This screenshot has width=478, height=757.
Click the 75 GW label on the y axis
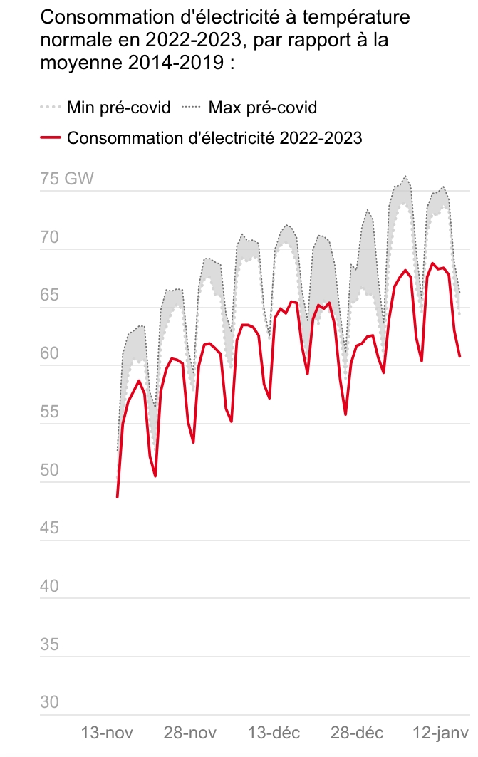pos(67,179)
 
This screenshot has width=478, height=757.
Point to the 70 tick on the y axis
pos(50,237)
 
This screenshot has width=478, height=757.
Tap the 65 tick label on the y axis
pos(50,296)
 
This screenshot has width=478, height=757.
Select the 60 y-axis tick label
pos(50,354)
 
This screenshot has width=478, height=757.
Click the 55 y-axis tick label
pos(50,412)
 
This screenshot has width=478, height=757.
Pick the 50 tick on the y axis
pos(50,470)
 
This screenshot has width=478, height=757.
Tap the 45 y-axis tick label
pos(50,528)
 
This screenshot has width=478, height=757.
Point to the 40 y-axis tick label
pos(50,586)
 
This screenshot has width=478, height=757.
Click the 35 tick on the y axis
pos(50,644)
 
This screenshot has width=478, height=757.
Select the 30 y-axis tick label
pos(50,702)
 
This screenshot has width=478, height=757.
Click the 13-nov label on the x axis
pos(108,733)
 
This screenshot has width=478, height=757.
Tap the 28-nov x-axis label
pos(190,733)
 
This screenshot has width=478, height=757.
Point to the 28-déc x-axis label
pos(357,733)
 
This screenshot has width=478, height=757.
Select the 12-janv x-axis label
pos(441,733)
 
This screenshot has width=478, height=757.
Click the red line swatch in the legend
pos(51,139)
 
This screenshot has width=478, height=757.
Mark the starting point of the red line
pos(118,497)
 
